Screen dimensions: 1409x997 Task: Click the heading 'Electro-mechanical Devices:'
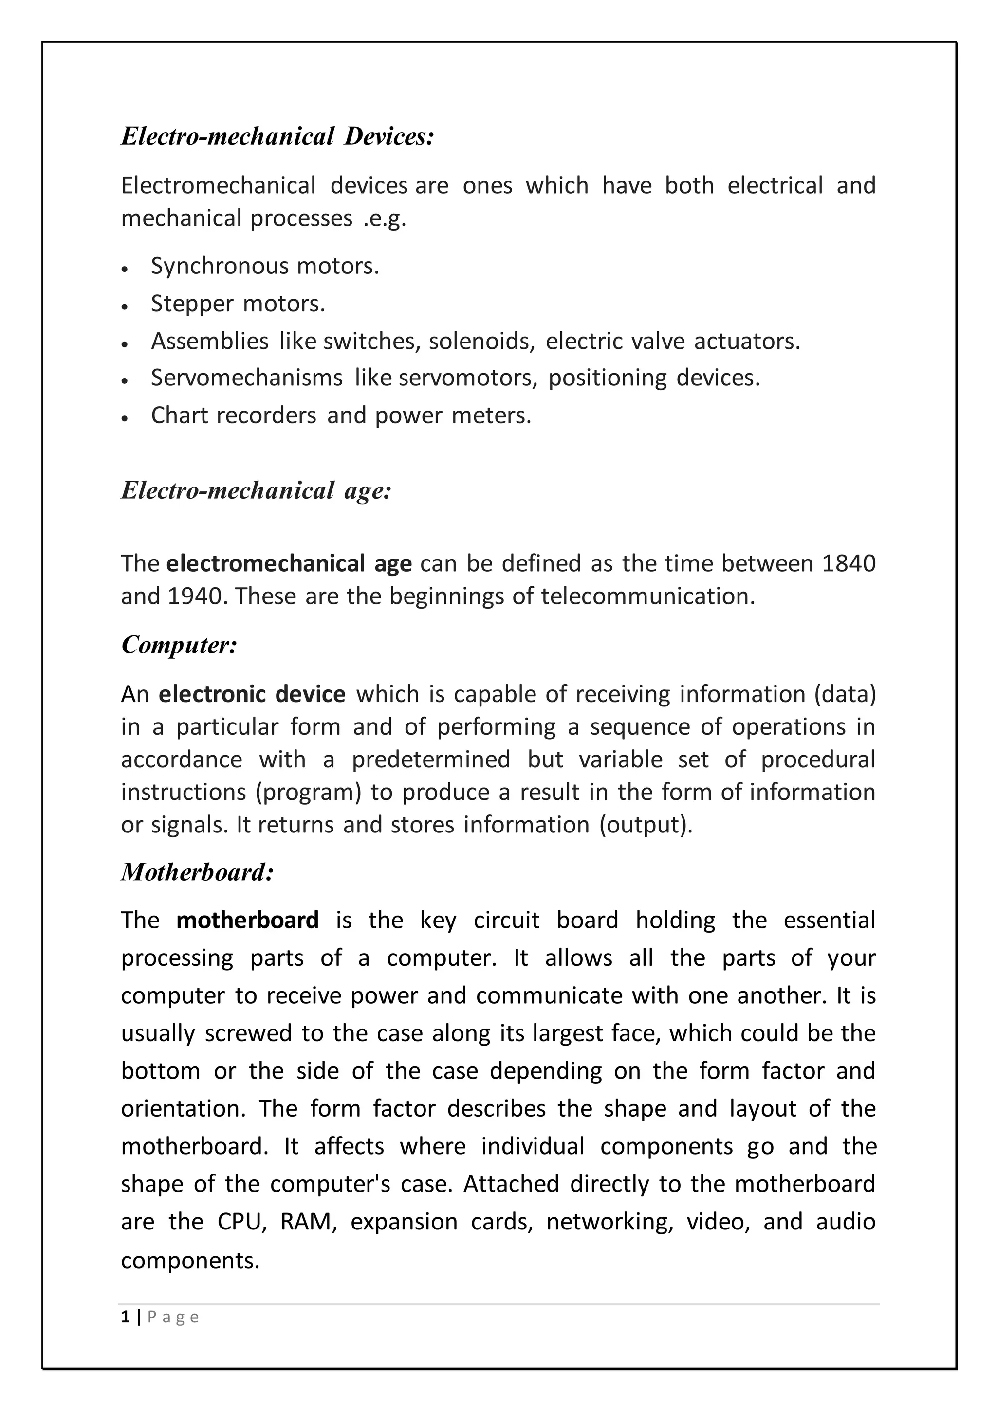click(x=277, y=136)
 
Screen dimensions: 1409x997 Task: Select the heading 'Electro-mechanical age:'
click(x=256, y=491)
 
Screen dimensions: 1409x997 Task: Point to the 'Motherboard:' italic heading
click(x=197, y=872)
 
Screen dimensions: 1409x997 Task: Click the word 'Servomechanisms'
click(x=247, y=378)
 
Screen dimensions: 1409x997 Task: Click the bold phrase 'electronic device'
click(x=252, y=694)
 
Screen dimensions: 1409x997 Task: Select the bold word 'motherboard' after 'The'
click(x=247, y=921)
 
